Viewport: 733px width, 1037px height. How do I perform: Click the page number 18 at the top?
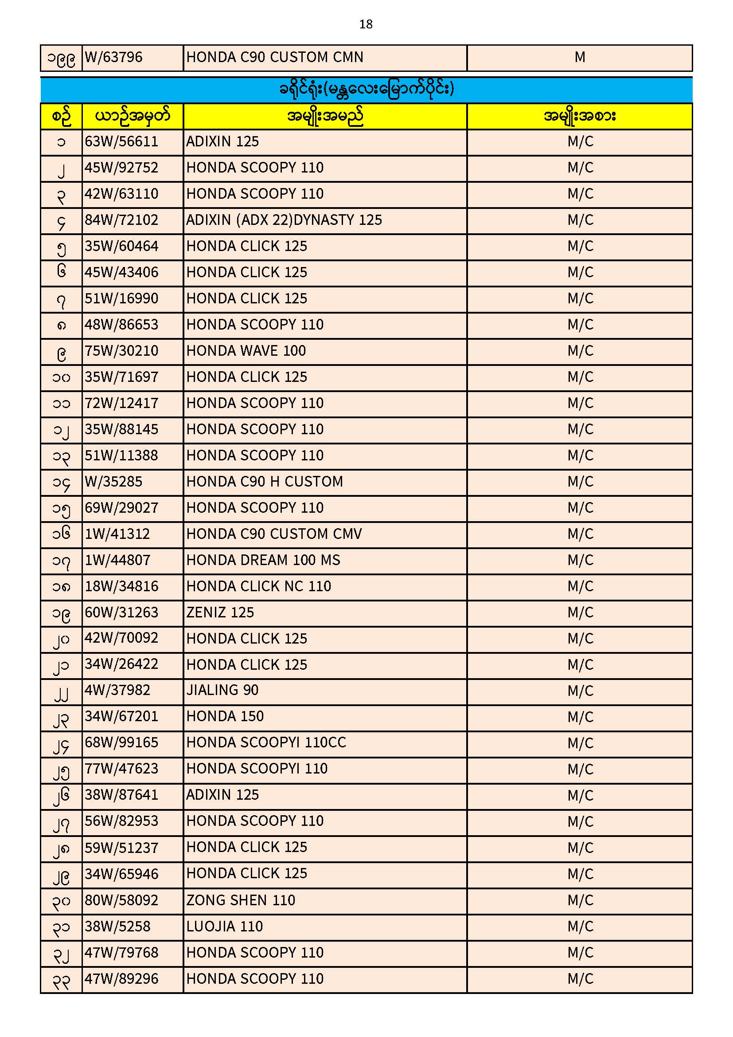[x=366, y=24]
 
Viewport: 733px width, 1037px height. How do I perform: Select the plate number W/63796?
[x=114, y=57]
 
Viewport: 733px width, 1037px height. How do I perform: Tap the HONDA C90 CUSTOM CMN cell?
[x=274, y=57]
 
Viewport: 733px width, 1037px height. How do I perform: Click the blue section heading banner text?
[x=366, y=89]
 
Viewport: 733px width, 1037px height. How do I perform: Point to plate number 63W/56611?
[x=121, y=142]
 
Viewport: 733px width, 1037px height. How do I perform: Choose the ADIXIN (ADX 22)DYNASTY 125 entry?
[x=284, y=220]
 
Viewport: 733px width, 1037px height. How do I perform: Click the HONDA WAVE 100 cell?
[x=246, y=351]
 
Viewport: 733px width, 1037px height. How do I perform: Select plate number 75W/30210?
[x=121, y=351]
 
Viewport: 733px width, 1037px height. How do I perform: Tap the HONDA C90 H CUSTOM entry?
[x=265, y=482]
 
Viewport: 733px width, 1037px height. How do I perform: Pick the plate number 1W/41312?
[x=117, y=534]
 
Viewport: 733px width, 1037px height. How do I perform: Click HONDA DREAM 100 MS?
[x=263, y=561]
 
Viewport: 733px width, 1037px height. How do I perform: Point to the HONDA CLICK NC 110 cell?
[x=259, y=587]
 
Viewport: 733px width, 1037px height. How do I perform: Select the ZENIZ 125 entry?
[x=220, y=613]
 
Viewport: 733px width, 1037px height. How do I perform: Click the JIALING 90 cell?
[x=222, y=691]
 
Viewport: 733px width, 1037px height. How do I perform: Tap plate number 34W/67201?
[x=121, y=717]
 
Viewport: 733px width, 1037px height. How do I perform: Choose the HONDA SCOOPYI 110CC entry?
[x=266, y=743]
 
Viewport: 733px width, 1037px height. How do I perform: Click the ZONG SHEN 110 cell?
[x=241, y=900]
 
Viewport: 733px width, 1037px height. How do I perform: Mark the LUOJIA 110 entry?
[x=224, y=927]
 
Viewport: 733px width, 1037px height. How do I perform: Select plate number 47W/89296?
[x=121, y=979]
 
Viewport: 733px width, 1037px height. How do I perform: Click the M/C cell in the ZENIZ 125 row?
[x=580, y=613]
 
